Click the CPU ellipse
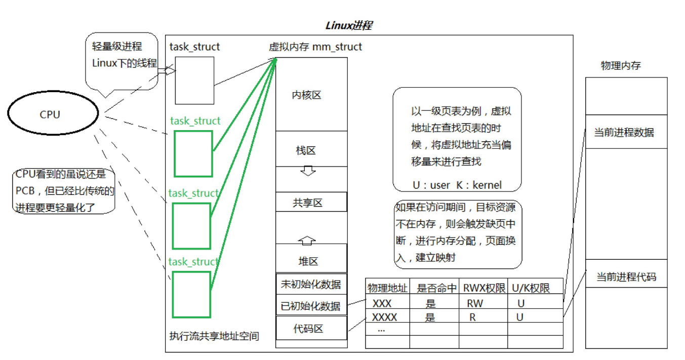coord(50,115)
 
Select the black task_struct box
coord(194,80)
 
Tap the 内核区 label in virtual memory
coord(307,95)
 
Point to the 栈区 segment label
coord(306,150)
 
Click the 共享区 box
coord(311,202)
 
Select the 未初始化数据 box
coord(311,284)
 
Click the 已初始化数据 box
coord(311,306)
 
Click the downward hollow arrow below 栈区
coord(308,171)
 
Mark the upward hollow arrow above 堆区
coord(307,239)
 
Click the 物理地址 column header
coord(387,288)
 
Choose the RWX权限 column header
coord(483,288)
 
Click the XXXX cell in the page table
coord(385,317)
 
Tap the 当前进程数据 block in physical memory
coord(626,132)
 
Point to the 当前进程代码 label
coord(626,277)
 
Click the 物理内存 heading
coord(621,66)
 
